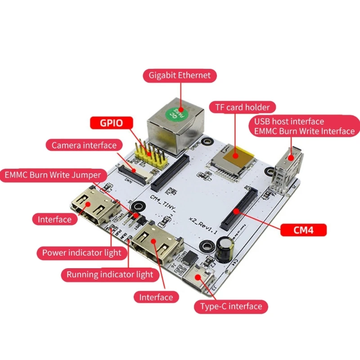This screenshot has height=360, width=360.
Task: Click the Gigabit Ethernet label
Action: (180, 75)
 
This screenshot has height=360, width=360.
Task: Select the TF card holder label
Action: (242, 107)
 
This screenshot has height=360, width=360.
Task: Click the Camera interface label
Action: (84, 145)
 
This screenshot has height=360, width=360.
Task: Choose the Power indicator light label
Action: (81, 252)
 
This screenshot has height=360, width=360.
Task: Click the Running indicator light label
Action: (110, 274)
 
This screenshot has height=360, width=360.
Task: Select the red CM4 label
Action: (303, 230)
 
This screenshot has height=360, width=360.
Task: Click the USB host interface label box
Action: (304, 126)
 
